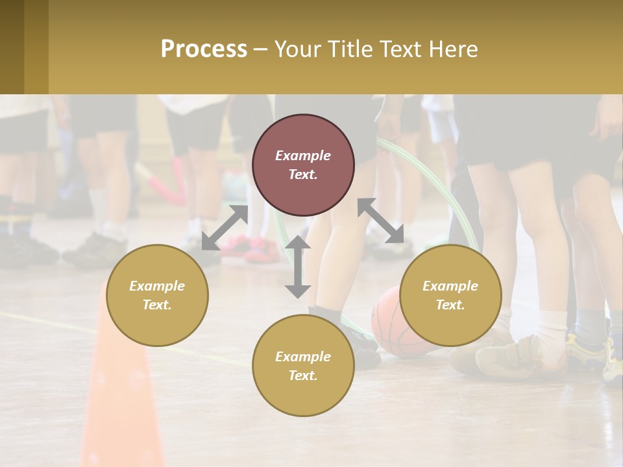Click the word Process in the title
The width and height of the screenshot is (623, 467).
pyautogui.click(x=204, y=49)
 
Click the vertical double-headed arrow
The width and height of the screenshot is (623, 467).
pyautogui.click(x=298, y=267)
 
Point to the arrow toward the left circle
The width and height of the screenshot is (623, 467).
pyautogui.click(x=225, y=228)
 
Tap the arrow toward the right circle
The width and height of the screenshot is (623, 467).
pyautogui.click(x=381, y=221)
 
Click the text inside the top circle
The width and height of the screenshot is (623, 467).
pyautogui.click(x=303, y=165)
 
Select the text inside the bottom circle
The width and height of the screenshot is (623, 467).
pyautogui.click(x=303, y=366)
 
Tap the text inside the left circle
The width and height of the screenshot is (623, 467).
pyautogui.click(x=157, y=295)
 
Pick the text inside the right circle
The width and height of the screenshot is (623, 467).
pyautogui.click(x=450, y=295)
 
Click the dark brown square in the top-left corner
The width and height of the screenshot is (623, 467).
pyautogui.click(x=12, y=47)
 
